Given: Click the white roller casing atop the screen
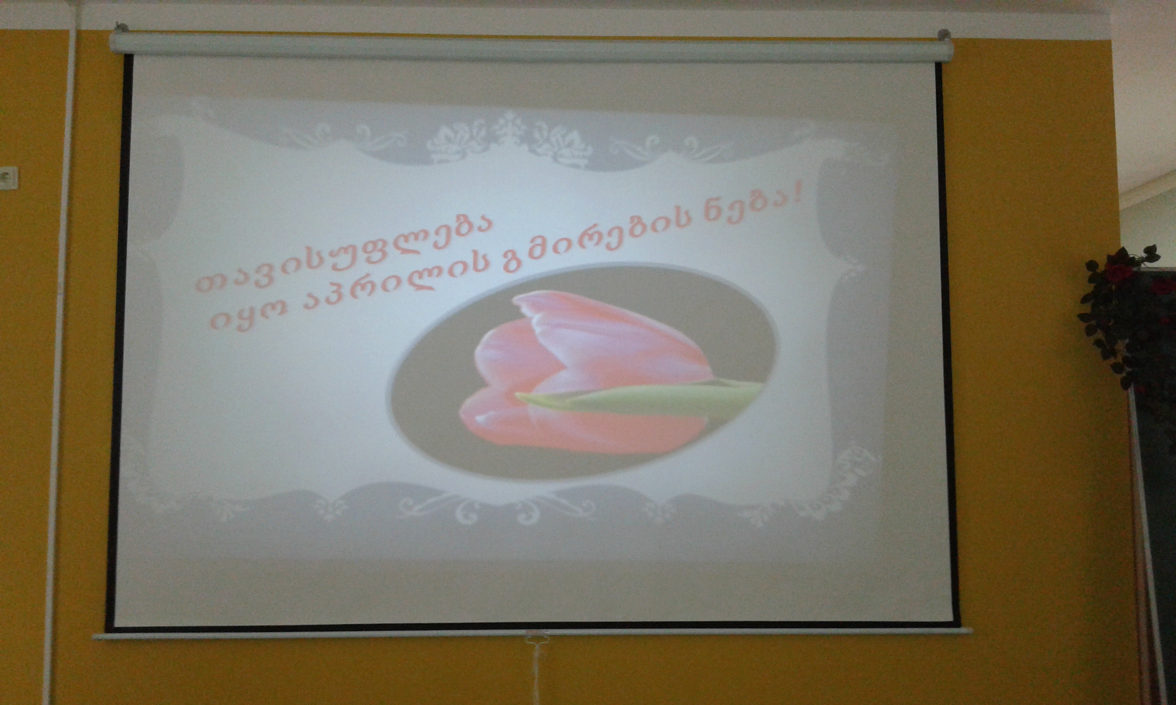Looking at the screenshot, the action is [531, 50].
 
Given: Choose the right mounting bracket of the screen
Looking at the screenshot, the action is [943, 35].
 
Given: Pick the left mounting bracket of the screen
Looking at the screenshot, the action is [122, 28].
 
